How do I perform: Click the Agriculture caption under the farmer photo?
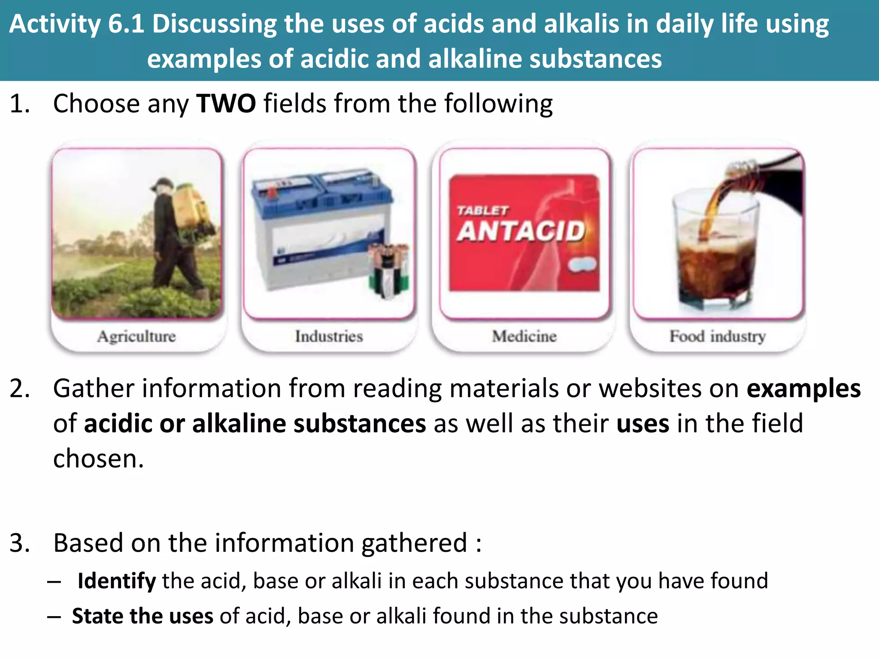(136, 336)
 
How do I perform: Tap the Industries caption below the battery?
(329, 336)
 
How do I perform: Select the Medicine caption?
(524, 336)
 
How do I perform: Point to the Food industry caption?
(718, 336)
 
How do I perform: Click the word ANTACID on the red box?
(521, 231)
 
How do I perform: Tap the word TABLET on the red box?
(482, 211)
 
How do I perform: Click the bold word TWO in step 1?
(226, 104)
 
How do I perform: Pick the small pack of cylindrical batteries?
(389, 270)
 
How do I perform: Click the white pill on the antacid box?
(582, 264)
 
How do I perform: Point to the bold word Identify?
(116, 581)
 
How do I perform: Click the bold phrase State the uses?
(142, 616)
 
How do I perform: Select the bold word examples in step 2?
(803, 389)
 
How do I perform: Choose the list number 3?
(19, 543)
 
